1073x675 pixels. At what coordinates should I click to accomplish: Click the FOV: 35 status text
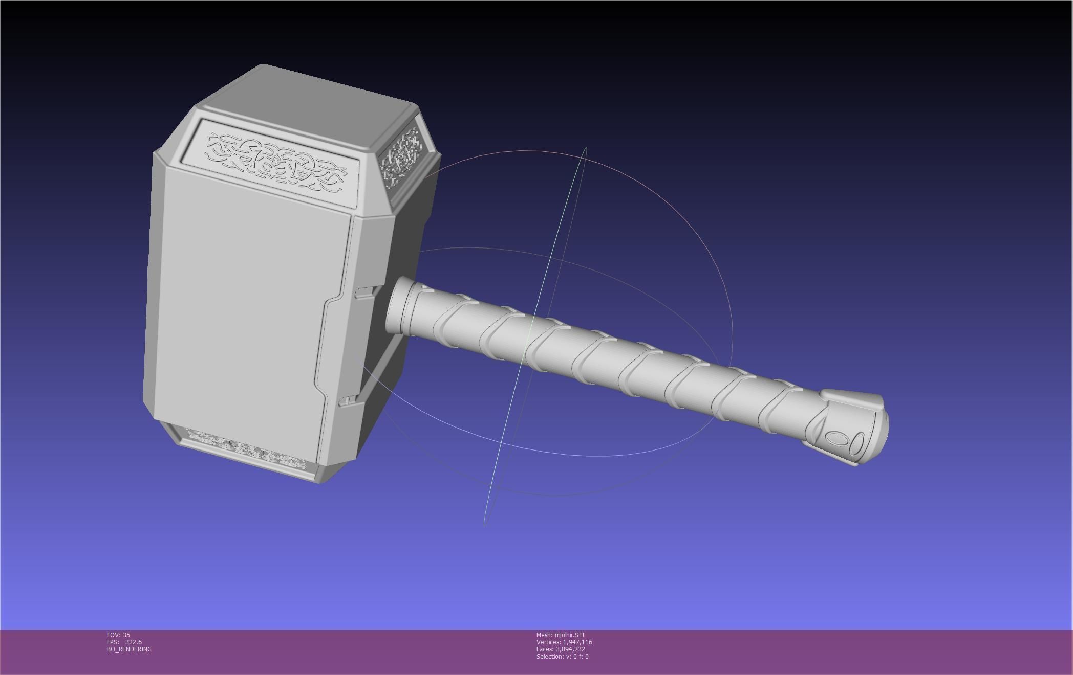[x=118, y=635]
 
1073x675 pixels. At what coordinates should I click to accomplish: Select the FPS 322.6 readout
[x=124, y=642]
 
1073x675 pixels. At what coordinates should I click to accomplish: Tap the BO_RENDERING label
[x=129, y=649]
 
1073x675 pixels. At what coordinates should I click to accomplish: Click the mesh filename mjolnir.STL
[x=561, y=635]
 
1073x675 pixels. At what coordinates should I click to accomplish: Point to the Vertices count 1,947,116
[x=564, y=642]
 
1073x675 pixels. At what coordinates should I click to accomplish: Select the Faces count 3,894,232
[x=561, y=649]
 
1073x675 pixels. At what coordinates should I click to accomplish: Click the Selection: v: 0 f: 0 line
[x=562, y=656]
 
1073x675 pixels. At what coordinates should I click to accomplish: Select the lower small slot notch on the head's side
[x=348, y=400]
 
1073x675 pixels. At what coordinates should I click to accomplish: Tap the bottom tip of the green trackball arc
[x=485, y=523]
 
